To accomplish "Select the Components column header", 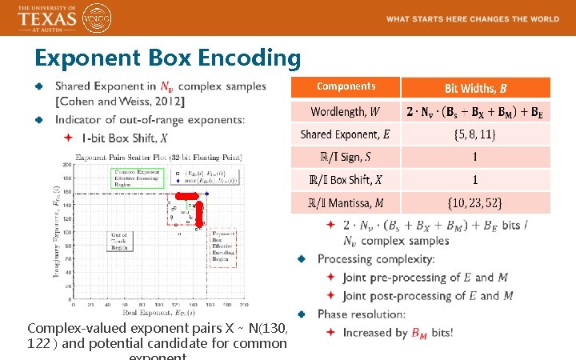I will [346, 86].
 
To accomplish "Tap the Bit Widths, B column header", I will [475, 87].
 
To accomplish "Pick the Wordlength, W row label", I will [346, 111].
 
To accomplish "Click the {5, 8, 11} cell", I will [475, 134].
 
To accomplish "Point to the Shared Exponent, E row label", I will [346, 134].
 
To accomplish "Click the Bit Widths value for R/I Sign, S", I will [475, 157].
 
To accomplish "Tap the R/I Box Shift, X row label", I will [346, 180].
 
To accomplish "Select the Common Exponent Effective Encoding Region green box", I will [138, 178].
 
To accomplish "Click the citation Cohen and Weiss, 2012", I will [120, 101].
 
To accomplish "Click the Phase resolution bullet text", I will [362, 314].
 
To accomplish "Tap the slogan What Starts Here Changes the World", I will [473, 18].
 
